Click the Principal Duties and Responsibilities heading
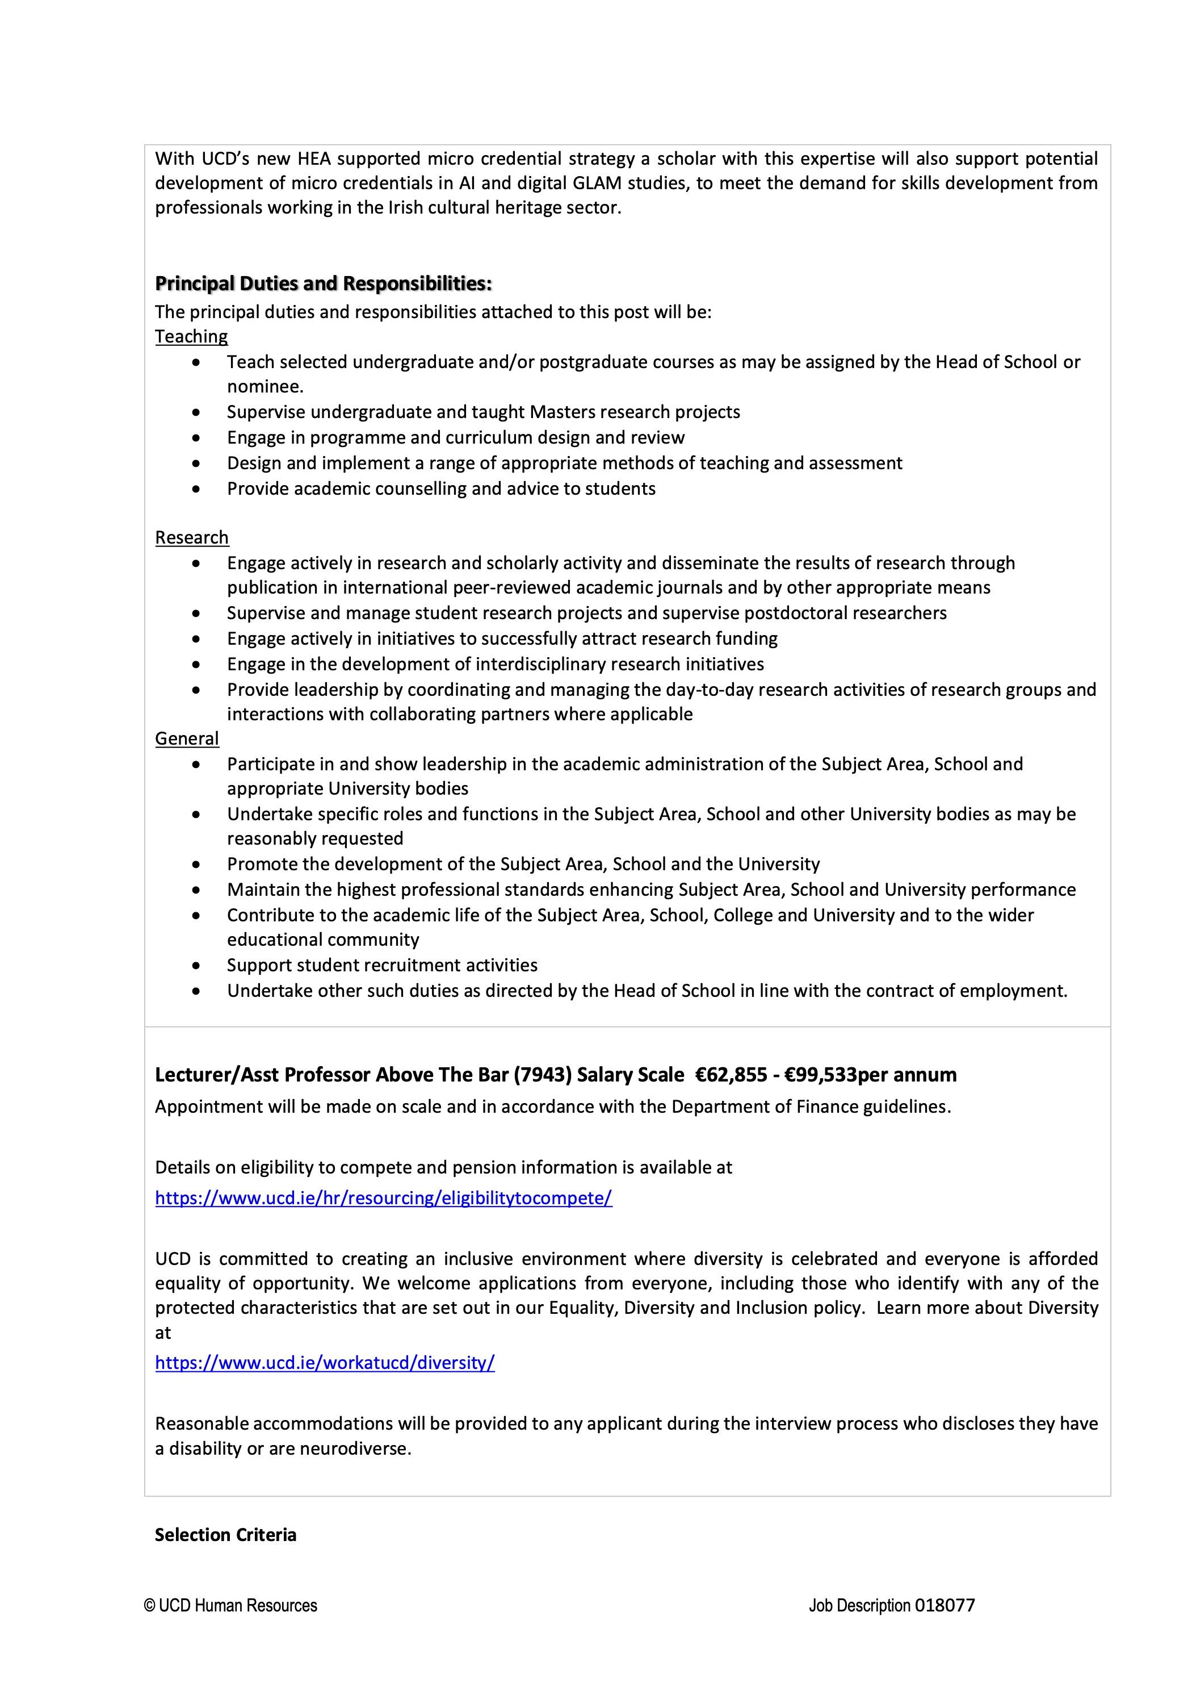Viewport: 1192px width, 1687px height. [x=323, y=283]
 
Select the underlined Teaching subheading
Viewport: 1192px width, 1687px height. [x=191, y=336]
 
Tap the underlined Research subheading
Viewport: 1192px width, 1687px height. [x=192, y=538]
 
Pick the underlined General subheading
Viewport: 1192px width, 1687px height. [x=187, y=738]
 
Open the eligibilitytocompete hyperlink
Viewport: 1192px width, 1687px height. [x=383, y=1199]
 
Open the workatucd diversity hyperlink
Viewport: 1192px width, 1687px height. [x=325, y=1363]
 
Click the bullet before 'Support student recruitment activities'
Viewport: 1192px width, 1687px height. [x=195, y=966]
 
